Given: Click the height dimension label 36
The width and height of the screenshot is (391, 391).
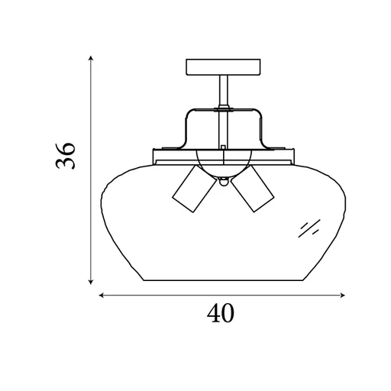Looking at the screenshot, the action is [66, 156].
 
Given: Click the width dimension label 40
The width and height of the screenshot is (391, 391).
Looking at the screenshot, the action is [221, 313].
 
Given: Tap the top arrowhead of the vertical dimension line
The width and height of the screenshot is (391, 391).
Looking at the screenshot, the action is [91, 58].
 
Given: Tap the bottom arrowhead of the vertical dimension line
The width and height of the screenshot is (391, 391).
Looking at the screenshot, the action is [91, 282].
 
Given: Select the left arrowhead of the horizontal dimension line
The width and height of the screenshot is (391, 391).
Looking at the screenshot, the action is [102, 296].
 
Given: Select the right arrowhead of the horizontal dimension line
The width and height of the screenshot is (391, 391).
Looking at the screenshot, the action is [343, 296].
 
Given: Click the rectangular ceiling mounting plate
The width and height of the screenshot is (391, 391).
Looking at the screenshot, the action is [223, 67].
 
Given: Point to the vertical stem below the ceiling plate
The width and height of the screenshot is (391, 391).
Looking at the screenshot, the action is [224, 91].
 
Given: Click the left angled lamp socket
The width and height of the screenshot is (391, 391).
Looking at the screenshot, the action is [194, 189].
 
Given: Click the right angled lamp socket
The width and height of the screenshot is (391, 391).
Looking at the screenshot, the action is [253, 189].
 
